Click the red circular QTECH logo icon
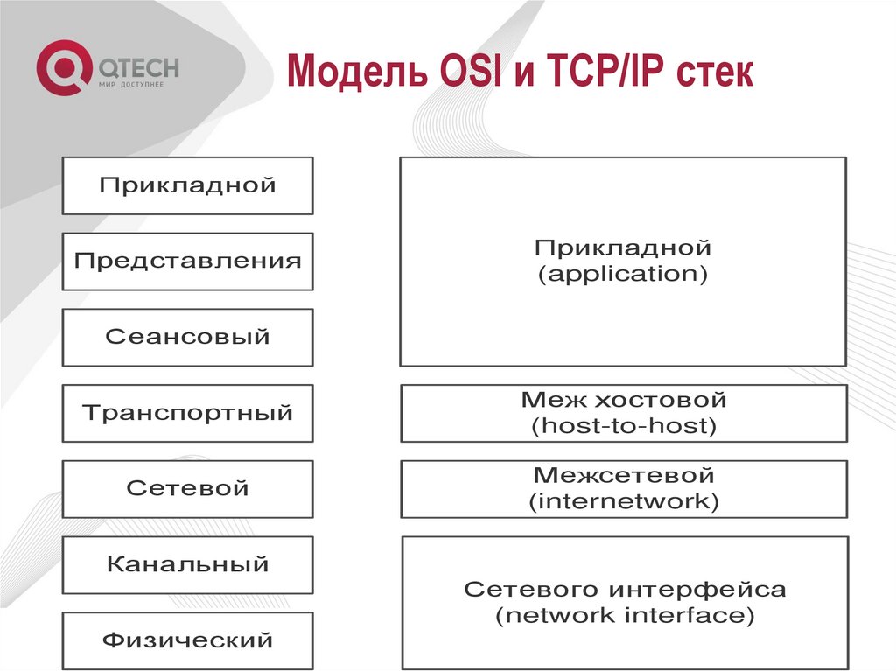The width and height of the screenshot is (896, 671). tap(63, 71)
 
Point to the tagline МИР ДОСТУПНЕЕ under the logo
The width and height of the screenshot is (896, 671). tap(130, 84)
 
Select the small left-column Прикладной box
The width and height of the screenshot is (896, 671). tap(187, 185)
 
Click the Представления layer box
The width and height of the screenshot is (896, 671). tap(187, 261)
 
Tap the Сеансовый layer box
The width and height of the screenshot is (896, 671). tap(187, 337)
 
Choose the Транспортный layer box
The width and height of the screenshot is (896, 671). tap(187, 412)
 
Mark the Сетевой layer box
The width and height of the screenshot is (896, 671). tap(187, 488)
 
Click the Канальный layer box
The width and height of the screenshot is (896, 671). tap(187, 564)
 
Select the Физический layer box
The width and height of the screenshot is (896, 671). tap(187, 640)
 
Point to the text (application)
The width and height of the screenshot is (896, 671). tap(623, 275)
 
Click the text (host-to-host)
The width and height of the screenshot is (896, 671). tap(623, 427)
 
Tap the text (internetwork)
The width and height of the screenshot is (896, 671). tap(623, 502)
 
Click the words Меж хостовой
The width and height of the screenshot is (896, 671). tap(623, 401)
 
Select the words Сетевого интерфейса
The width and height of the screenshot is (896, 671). tap(625, 589)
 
